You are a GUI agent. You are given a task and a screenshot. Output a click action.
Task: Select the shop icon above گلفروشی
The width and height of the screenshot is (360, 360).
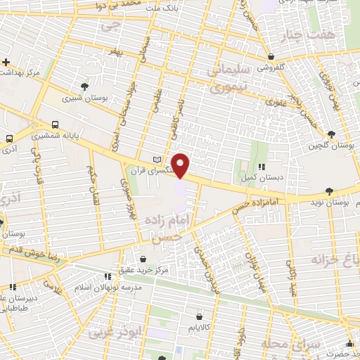tap(271, 57)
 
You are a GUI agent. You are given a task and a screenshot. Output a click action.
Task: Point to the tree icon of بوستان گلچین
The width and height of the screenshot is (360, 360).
tap(331, 134)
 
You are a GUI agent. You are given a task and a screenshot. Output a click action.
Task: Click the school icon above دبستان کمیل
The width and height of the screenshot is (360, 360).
tap(261, 167)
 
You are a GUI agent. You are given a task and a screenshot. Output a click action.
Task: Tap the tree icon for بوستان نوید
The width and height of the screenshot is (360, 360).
tap(329, 191)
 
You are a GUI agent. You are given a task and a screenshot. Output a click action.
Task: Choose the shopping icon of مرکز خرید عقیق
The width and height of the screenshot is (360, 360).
tap(144, 259)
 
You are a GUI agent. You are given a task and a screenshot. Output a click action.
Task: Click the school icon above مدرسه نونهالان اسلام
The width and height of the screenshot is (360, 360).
tap(108, 277)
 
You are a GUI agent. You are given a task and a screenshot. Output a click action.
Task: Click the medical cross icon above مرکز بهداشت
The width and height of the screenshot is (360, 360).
tap(5, 61)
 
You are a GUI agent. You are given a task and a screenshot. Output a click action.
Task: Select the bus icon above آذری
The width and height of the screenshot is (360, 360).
tap(9, 138)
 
